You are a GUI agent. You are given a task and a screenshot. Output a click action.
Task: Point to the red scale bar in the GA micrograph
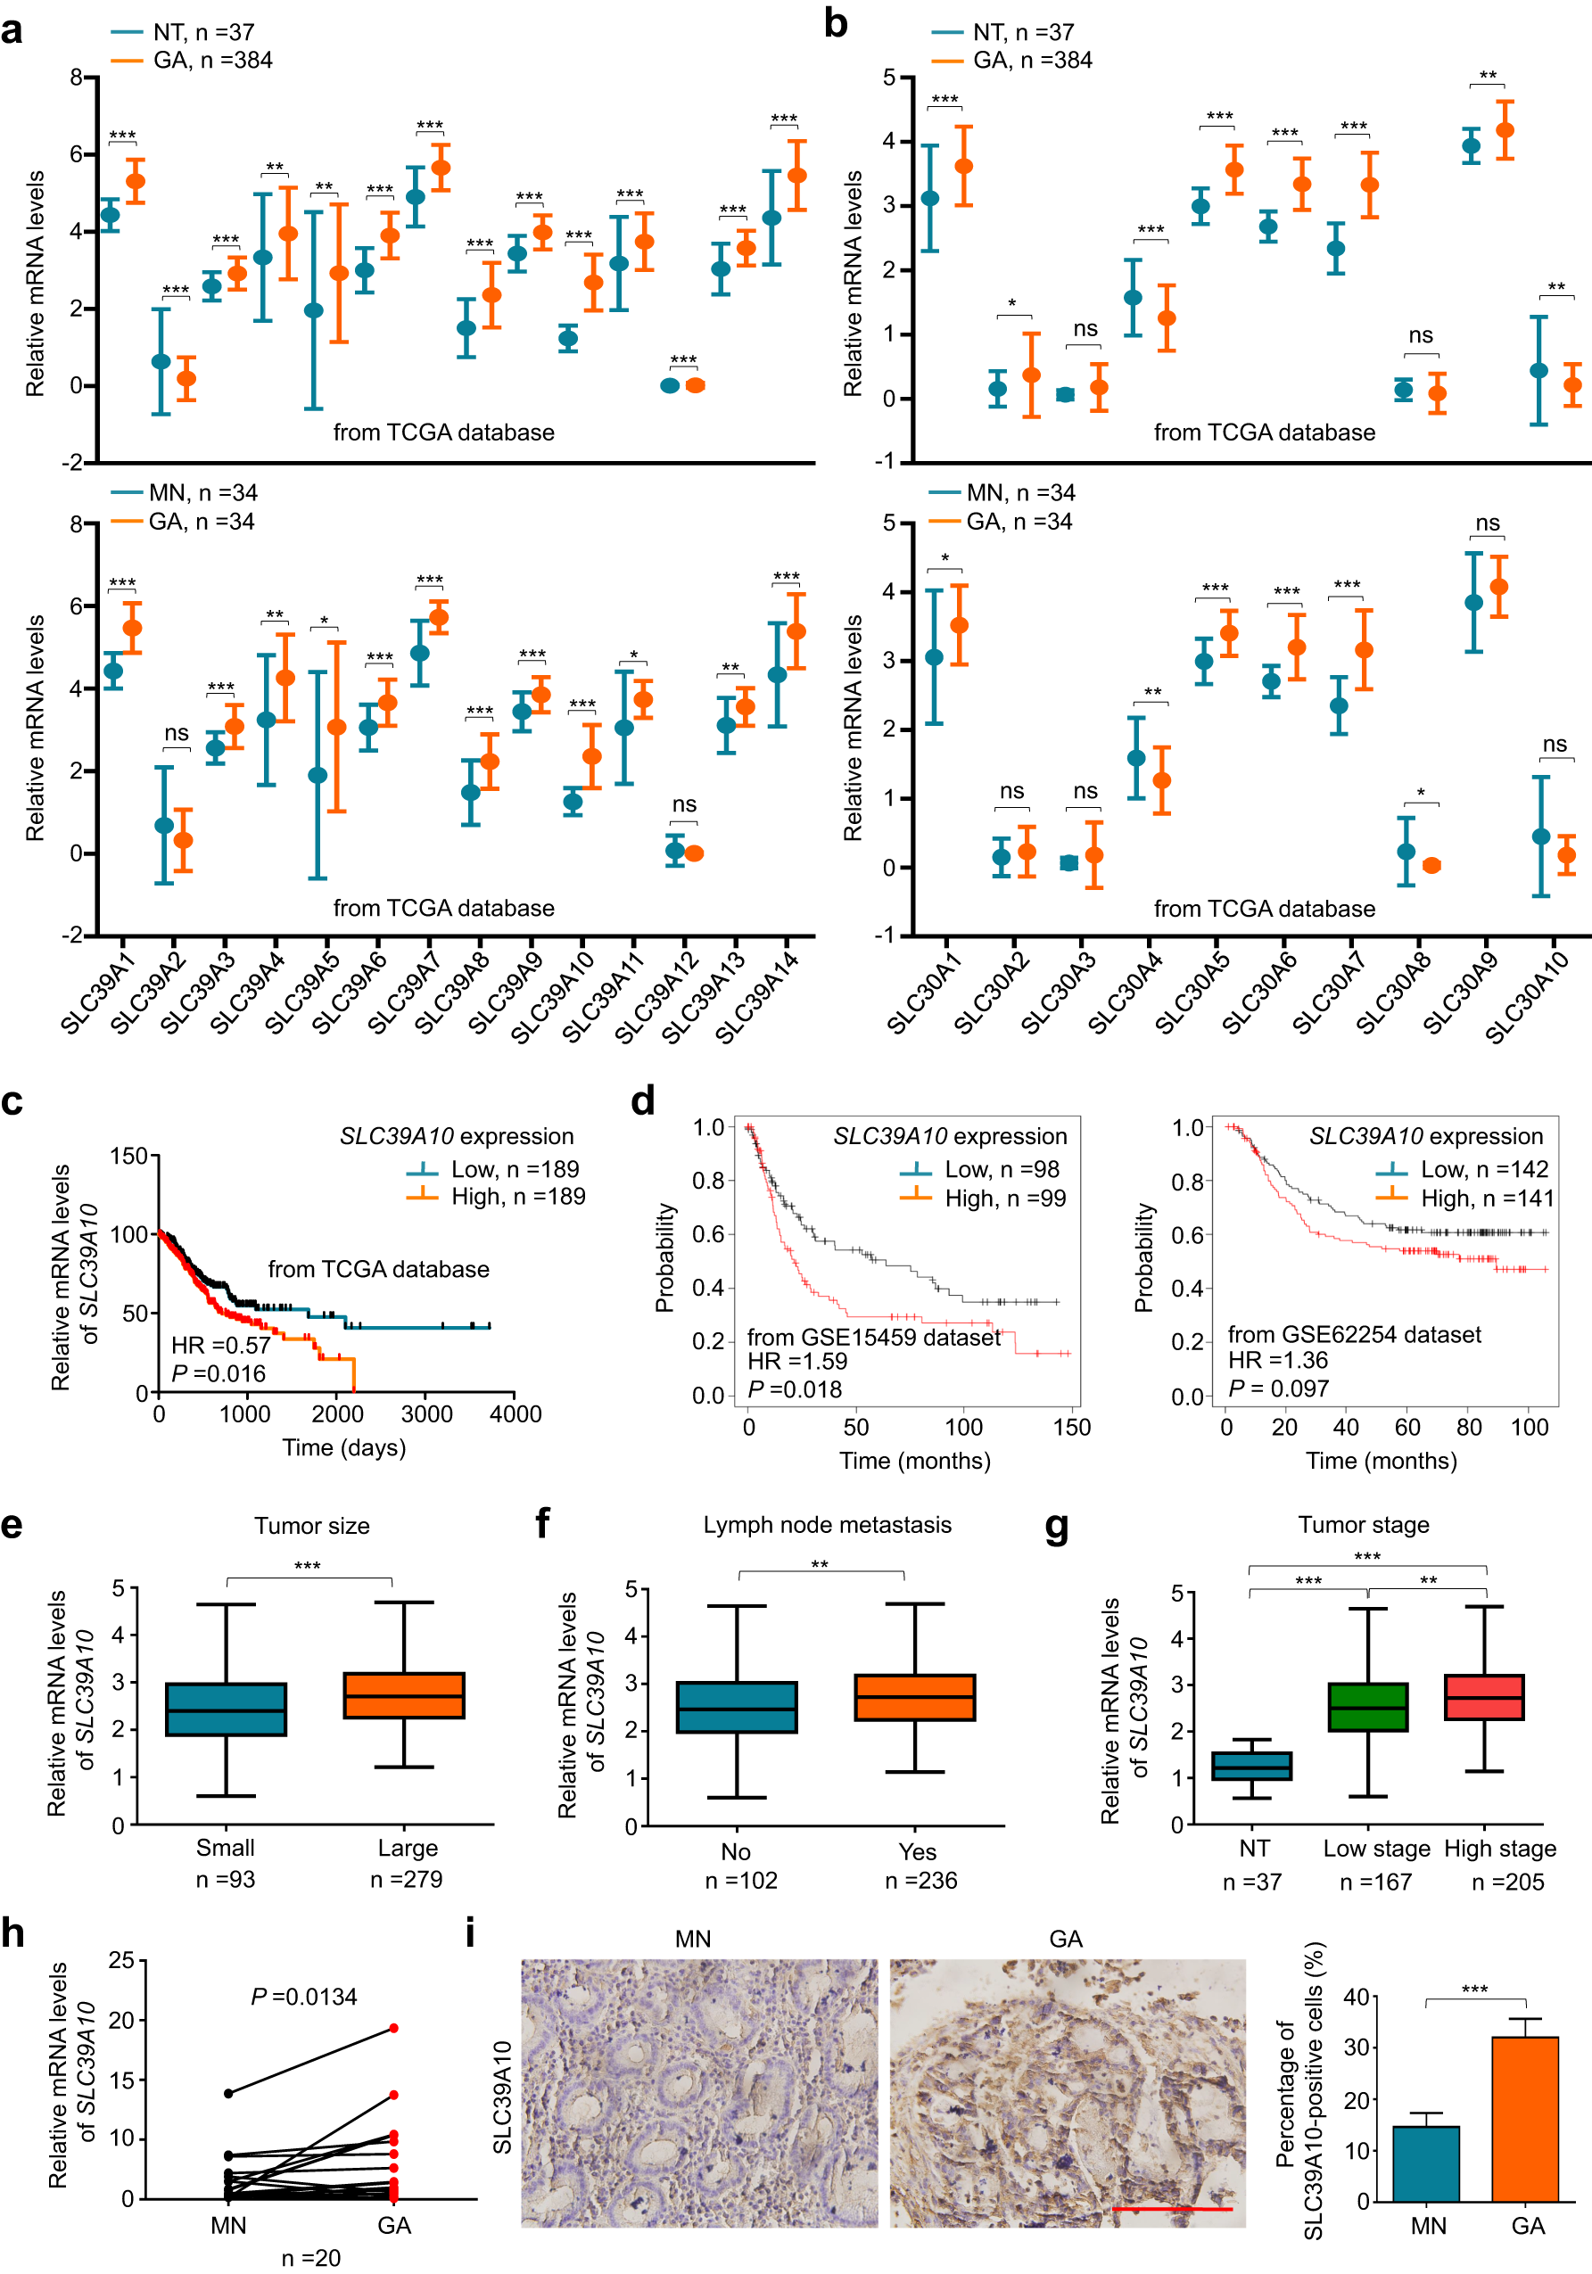[1172, 2209]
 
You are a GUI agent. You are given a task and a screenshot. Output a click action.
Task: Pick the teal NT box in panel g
[1252, 1765]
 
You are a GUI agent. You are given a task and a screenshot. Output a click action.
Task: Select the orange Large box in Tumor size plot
[404, 1695]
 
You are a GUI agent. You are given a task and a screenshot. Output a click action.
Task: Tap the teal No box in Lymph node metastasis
[737, 1707]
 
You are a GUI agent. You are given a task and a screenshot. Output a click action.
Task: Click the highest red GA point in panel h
[393, 2027]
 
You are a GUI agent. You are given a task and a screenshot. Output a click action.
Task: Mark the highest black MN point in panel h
[229, 2093]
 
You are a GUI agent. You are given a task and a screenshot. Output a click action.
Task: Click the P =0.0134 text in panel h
[304, 1997]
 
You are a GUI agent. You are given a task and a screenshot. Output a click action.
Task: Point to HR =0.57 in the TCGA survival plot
[220, 1345]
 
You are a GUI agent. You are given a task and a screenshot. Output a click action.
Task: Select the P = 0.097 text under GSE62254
[1278, 1388]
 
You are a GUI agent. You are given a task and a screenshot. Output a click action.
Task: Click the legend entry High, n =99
[1004, 1199]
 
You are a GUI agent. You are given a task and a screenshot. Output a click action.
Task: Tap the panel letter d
[643, 1100]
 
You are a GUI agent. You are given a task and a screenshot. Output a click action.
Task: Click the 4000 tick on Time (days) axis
[516, 1414]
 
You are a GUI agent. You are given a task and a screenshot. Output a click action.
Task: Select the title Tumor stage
[1363, 1524]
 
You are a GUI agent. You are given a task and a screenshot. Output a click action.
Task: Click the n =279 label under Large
[406, 1879]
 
